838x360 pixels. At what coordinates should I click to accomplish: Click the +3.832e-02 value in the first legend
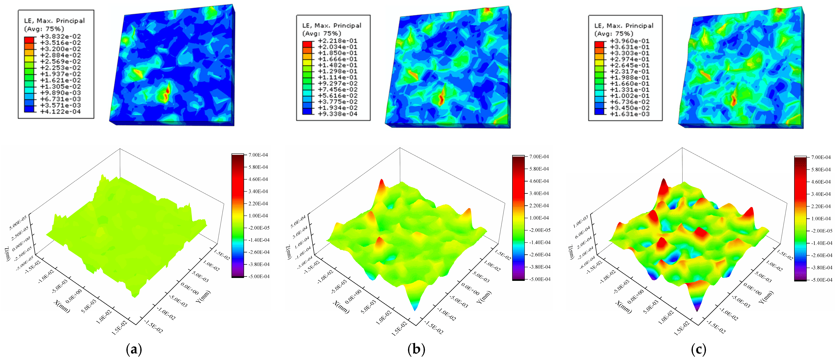pyautogui.click(x=60, y=36)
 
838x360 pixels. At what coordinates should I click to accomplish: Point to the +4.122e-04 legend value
pyautogui.click(x=60, y=112)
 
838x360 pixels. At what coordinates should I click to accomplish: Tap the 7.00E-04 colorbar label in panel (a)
pyautogui.click(x=258, y=155)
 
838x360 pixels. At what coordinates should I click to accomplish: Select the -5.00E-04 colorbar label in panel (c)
pyautogui.click(x=821, y=280)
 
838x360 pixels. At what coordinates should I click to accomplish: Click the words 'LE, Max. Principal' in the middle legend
pyautogui.click(x=332, y=25)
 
